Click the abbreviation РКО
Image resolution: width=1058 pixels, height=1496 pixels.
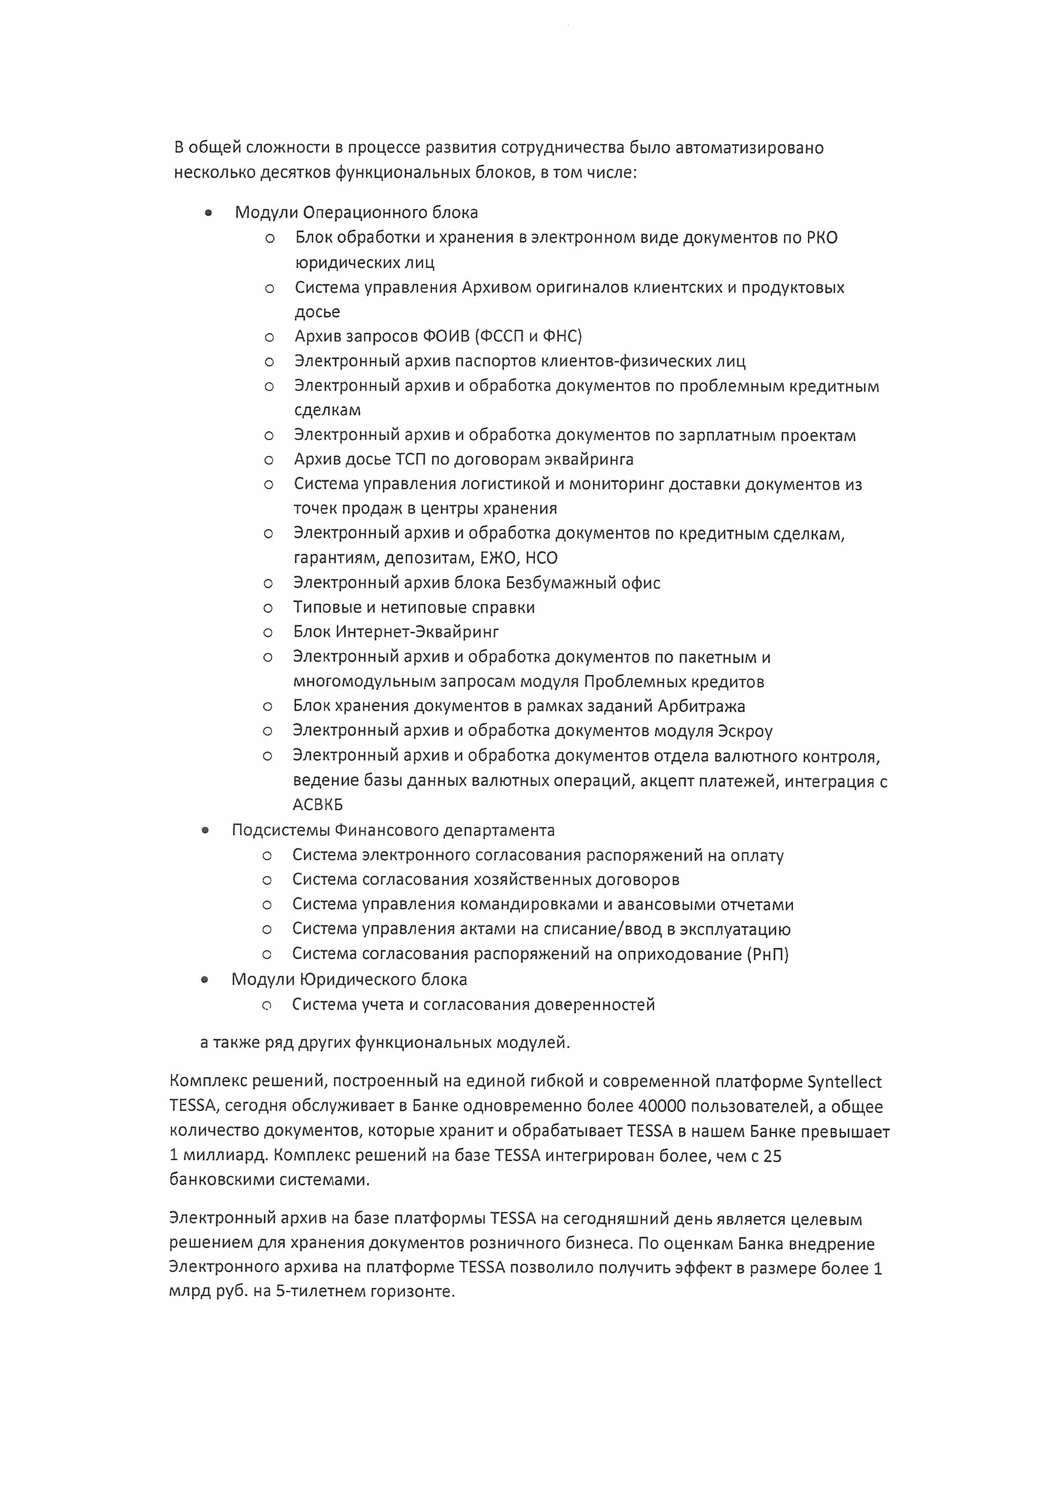(x=822, y=238)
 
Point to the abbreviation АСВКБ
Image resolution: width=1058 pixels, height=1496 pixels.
(x=318, y=805)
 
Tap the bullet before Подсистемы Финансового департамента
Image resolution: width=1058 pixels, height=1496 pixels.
(x=205, y=830)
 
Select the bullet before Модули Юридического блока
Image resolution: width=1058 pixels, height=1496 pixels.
(x=205, y=979)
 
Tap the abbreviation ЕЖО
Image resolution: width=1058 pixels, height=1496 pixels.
(x=498, y=558)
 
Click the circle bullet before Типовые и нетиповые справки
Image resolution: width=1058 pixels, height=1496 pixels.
(x=268, y=608)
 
